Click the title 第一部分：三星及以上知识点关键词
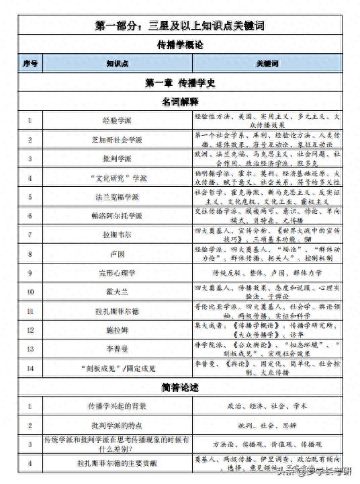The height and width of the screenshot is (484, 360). pos(179,26)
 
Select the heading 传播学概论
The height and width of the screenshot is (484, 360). pos(179,45)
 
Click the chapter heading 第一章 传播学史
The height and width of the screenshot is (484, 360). pos(179,83)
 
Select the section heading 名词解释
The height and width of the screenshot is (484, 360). pos(179,102)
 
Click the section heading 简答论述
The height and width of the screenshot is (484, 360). pos(179,388)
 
